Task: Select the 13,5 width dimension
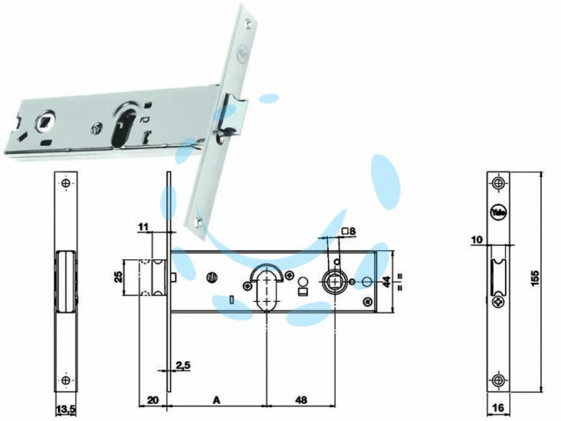[x=66, y=410]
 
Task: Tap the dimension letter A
[x=217, y=400]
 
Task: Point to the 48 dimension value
[x=302, y=400]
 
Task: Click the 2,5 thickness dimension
[x=183, y=365]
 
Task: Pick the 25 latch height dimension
[x=119, y=277]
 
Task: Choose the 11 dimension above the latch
[x=143, y=226]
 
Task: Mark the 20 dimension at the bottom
[x=153, y=400]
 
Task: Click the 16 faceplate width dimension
[x=499, y=407]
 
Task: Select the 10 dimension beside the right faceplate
[x=477, y=239]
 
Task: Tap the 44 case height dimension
[x=386, y=282]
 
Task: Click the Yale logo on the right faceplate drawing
[x=498, y=212]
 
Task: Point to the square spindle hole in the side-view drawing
[x=335, y=282]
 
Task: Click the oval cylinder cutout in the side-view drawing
[x=266, y=290]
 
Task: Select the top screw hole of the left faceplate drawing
[x=66, y=183]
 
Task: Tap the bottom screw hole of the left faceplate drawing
[x=66, y=380]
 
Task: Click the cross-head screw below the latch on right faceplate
[x=498, y=302]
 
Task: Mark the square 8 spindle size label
[x=349, y=232]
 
